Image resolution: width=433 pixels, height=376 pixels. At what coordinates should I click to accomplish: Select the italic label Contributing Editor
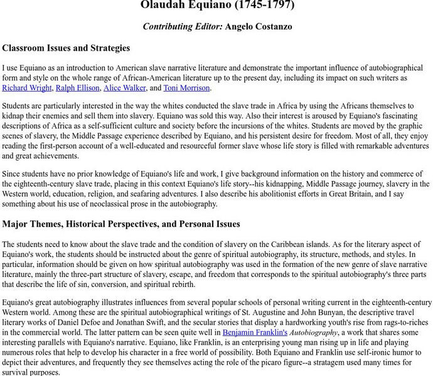pos(182,26)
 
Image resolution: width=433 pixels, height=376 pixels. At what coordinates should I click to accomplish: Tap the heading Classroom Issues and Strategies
pos(66,48)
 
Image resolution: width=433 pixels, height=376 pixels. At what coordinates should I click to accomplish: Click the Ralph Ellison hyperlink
pos(77,88)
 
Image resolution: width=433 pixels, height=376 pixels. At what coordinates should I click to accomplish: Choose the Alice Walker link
pos(125,88)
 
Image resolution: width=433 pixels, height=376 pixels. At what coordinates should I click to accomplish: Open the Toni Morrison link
pos(187,88)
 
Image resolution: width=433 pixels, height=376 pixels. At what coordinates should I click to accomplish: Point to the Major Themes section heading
pos(121,224)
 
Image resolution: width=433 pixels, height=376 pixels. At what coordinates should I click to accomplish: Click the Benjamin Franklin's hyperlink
pos(255,332)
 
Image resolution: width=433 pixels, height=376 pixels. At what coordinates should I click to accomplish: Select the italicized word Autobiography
pos(314,332)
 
